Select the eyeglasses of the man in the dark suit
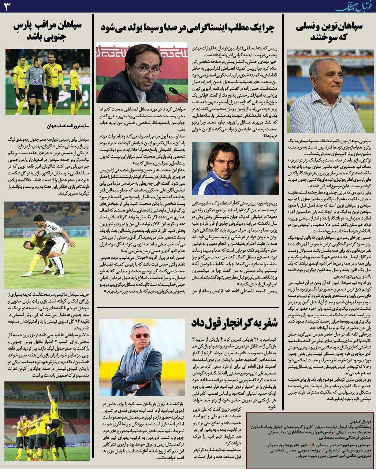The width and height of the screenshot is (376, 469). [145, 69]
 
